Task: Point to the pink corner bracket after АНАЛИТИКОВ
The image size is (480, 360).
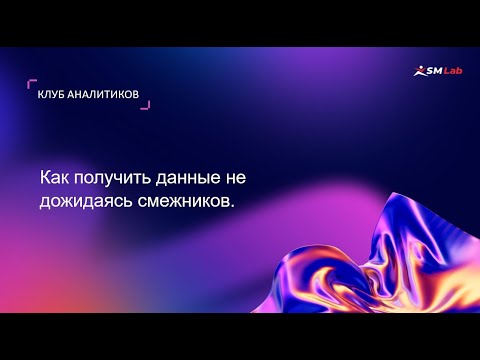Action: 146,105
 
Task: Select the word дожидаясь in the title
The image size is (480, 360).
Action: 83,201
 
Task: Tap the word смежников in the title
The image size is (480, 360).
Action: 182,200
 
